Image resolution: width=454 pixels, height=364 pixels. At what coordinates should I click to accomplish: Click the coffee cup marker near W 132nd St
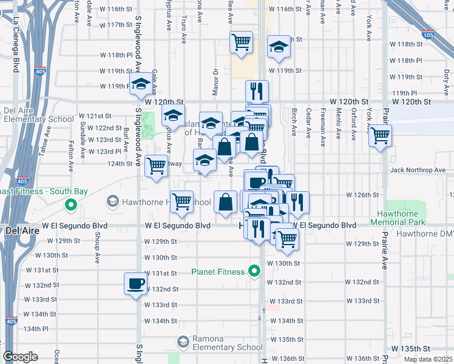tap(135, 283)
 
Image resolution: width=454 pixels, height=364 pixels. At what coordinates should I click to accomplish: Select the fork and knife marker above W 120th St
tap(257, 91)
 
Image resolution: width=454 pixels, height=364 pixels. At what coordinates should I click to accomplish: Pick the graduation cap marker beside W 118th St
tap(279, 48)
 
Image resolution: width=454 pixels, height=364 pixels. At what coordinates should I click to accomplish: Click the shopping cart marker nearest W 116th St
tap(242, 42)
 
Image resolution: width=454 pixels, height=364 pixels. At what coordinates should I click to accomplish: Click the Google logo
tap(20, 357)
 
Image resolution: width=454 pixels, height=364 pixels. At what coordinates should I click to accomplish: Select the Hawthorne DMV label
tap(425, 234)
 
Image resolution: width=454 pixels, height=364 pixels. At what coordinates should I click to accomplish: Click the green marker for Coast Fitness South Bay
tap(71, 204)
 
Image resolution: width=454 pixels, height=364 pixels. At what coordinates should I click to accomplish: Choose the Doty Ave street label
tap(446, 76)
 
